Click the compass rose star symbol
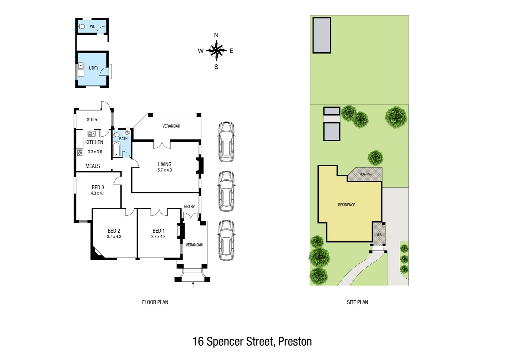pos(217,51)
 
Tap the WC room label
pos(93,27)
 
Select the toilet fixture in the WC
pos(81,27)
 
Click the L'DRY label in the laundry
pos(94,68)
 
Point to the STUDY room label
pos(92,120)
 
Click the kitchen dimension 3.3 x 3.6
pos(95,152)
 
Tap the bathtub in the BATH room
pos(116,149)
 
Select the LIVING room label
pos(165,164)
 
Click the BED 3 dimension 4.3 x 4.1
pos(98,193)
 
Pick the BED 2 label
pos(114,231)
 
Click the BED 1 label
pos(159,231)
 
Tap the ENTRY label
pos(189,207)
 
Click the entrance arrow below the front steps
pos(193,285)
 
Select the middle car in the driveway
pos(226,191)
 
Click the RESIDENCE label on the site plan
pos(346,205)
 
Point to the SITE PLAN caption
pos(357,302)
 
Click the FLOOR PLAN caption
pos(155,302)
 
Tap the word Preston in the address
pos(295,342)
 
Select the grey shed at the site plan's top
pos(321,35)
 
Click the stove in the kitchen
pos(80,153)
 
